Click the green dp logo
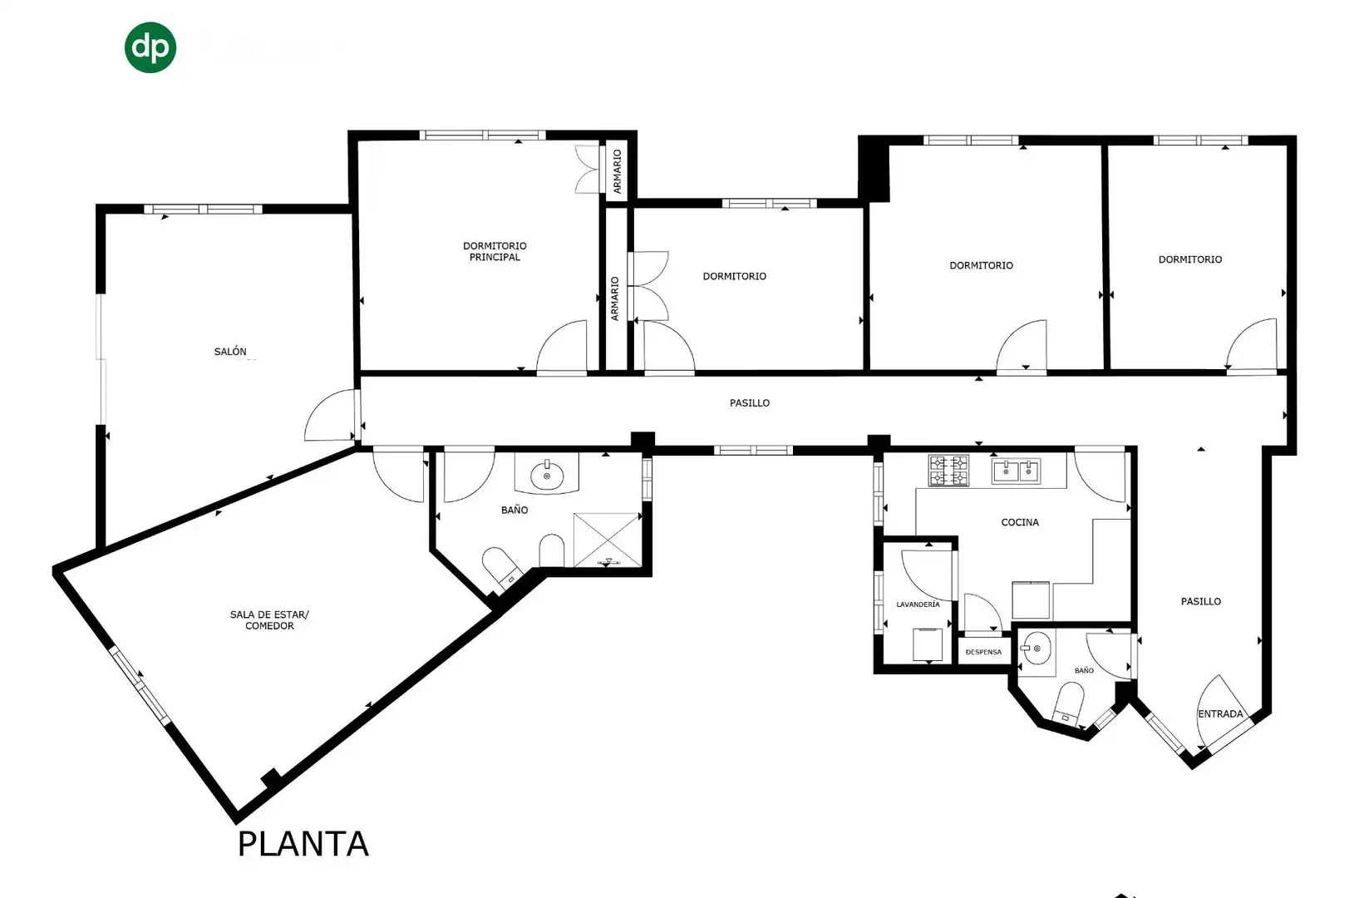pyautogui.click(x=150, y=47)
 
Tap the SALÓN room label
pyautogui.click(x=230, y=351)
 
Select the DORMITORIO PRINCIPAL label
pyautogui.click(x=495, y=251)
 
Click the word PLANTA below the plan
pyautogui.click(x=303, y=844)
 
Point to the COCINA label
pyautogui.click(x=1020, y=522)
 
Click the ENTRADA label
pyautogui.click(x=1220, y=713)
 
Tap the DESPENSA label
pyautogui.click(x=983, y=652)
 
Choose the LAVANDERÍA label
pyautogui.click(x=918, y=604)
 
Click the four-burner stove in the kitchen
pyautogui.click(x=948, y=471)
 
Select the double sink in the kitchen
pyautogui.click(x=1016, y=471)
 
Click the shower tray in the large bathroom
pyautogui.click(x=607, y=540)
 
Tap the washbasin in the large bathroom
pyautogui.click(x=547, y=476)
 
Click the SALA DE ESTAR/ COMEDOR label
pyautogui.click(x=269, y=619)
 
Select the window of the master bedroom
pyautogui.click(x=482, y=135)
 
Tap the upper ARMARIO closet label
pyautogui.click(x=617, y=171)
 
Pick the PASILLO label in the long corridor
pyautogui.click(x=749, y=403)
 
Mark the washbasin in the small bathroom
pyautogui.click(x=1036, y=648)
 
